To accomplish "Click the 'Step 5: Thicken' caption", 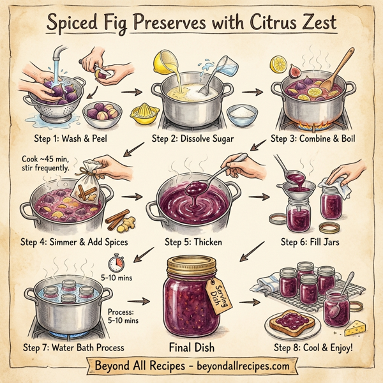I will point(191,242).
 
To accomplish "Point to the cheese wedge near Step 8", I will point(356,326).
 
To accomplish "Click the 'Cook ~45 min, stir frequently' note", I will point(44,164).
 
